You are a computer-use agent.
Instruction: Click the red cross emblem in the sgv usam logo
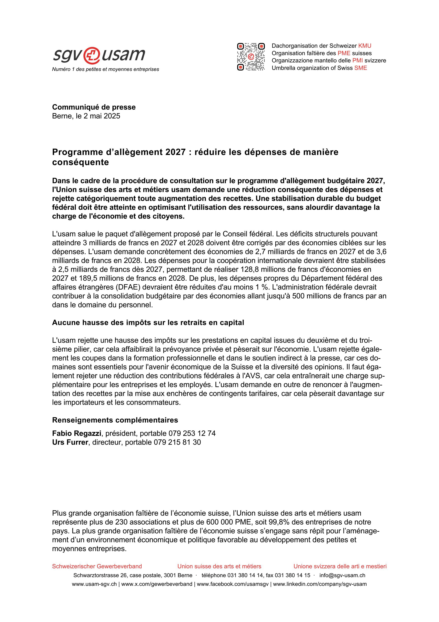pyautogui.click(x=91, y=55)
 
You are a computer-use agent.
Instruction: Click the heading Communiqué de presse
pyautogui.click(x=94, y=107)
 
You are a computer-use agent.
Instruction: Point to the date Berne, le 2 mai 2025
pyautogui.click(x=86, y=116)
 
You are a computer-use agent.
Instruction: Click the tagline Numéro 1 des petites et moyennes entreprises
pyautogui.click(x=106, y=69)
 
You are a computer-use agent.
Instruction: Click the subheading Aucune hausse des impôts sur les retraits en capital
pyautogui.click(x=148, y=323)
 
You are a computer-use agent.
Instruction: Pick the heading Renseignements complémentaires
pyautogui.click(x=115, y=420)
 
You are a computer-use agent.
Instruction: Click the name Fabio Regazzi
pyautogui.click(x=77, y=434)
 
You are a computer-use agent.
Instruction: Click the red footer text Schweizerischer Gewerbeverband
pyautogui.click(x=97, y=567)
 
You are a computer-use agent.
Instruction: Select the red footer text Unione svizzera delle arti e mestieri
pyautogui.click(x=340, y=567)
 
